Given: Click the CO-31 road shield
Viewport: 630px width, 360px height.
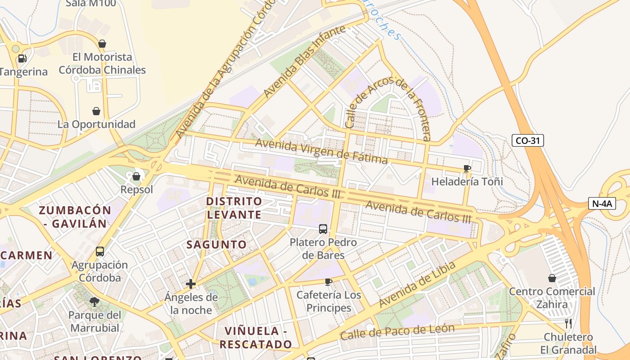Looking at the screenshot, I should [527, 140].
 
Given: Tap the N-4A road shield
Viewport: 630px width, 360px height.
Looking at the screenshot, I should [602, 203].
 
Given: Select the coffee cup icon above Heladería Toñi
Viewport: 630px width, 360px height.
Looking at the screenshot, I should [467, 169].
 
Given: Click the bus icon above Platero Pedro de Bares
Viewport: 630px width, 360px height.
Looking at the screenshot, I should [323, 229].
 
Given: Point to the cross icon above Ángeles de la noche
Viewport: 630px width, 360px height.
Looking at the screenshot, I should [191, 284].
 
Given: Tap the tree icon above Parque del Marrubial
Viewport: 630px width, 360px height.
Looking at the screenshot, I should [94, 301].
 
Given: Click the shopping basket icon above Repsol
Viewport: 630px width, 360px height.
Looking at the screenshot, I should [136, 176].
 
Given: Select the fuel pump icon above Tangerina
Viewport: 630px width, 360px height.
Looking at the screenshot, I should [22, 58].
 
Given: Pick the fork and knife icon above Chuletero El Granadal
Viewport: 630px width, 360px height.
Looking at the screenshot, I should [568, 323].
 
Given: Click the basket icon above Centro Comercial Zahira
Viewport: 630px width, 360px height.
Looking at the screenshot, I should [552, 278].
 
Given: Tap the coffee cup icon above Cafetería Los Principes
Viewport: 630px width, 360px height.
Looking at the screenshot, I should [328, 282].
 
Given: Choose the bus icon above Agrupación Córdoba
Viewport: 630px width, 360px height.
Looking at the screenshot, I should [100, 252].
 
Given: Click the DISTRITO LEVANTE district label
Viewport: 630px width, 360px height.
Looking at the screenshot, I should [234, 207].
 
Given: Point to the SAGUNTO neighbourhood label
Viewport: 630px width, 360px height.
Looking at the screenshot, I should [216, 244].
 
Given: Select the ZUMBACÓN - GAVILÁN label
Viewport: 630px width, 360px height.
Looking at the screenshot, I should [75, 216].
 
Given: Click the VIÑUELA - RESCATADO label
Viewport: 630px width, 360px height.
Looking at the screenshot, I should [256, 337].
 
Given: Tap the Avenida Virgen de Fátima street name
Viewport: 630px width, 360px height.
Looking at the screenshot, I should [321, 152].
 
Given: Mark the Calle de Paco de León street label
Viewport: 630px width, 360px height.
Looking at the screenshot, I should [397, 332].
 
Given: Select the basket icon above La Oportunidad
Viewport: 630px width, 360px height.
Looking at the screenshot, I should [96, 111].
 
